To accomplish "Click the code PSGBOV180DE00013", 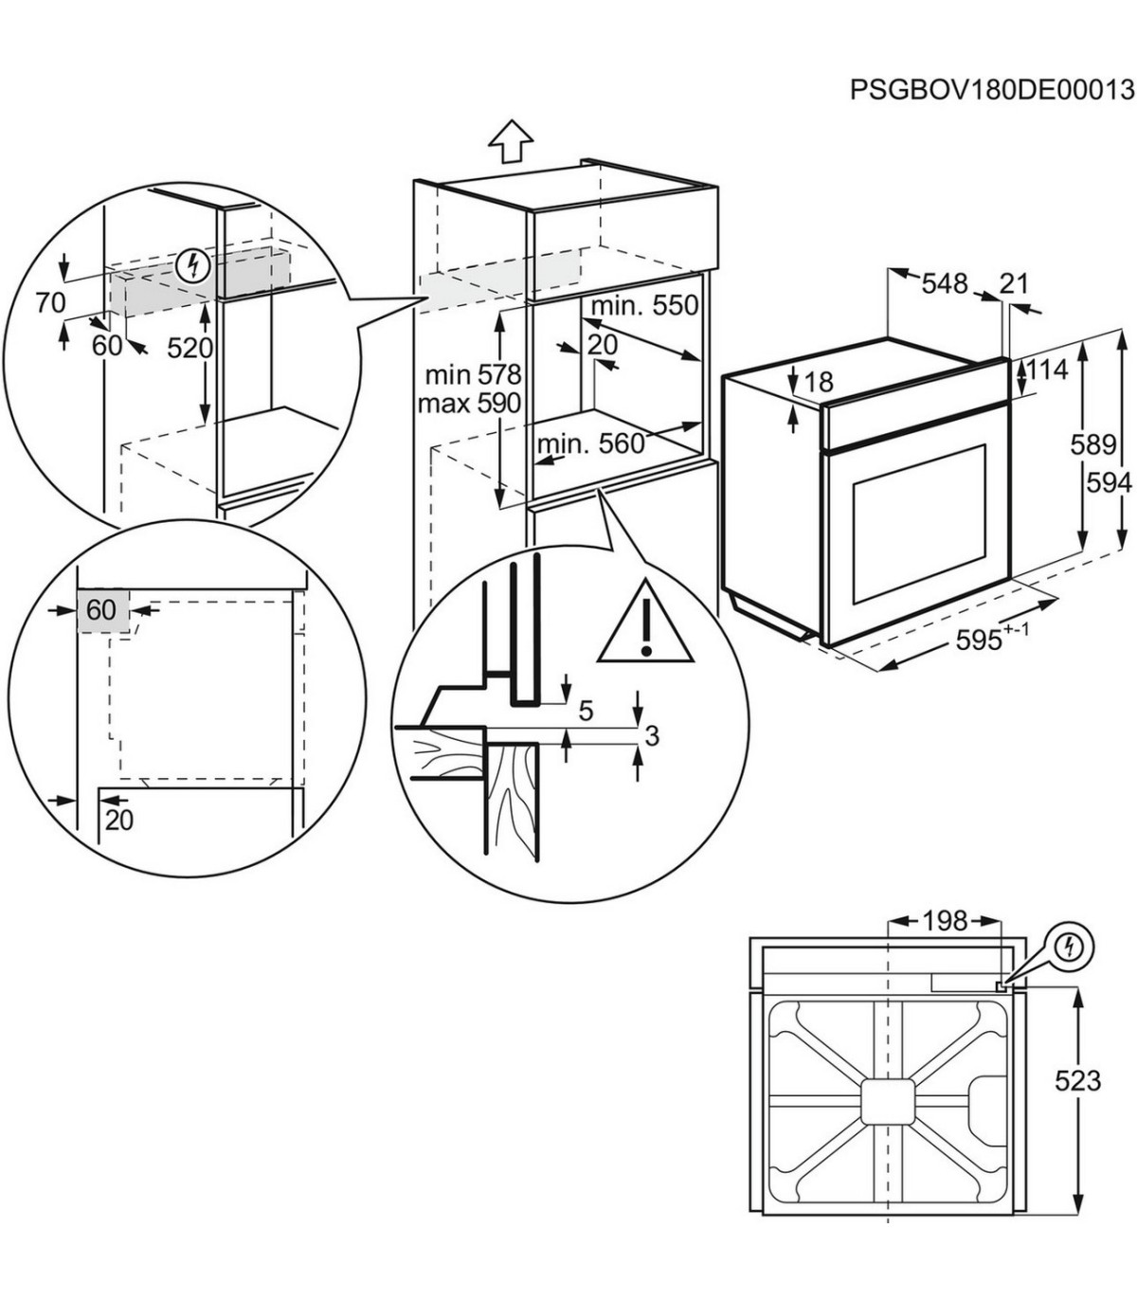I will pyautogui.click(x=991, y=90).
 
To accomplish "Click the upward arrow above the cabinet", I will pyautogui.click(x=510, y=143).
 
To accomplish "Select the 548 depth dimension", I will pyautogui.click(x=945, y=283).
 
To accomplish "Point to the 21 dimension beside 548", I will pyautogui.click(x=1014, y=282).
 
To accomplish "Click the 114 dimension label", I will pyautogui.click(x=1046, y=370).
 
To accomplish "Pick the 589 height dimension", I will pyautogui.click(x=1092, y=444).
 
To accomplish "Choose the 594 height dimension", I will pyautogui.click(x=1110, y=483).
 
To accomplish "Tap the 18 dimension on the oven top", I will pyautogui.click(x=818, y=382).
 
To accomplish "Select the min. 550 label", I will pyautogui.click(x=644, y=306).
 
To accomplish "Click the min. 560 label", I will pyautogui.click(x=590, y=443).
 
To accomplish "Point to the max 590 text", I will pyautogui.click(x=469, y=404).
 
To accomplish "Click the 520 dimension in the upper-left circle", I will pyautogui.click(x=190, y=349).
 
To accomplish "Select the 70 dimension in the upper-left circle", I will pyautogui.click(x=50, y=303).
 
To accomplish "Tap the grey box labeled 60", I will pyautogui.click(x=101, y=610).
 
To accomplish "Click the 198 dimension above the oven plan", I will pyautogui.click(x=945, y=920).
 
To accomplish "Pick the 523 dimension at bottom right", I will pyautogui.click(x=1077, y=1080).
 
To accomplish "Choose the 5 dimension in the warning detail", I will pyautogui.click(x=586, y=710).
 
